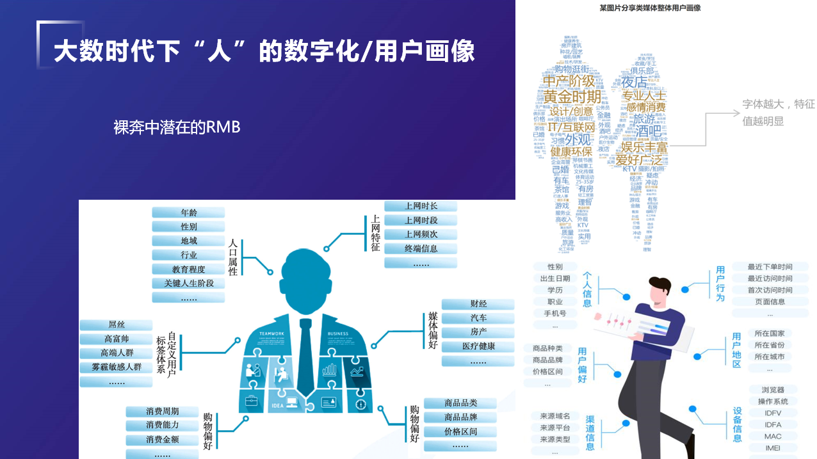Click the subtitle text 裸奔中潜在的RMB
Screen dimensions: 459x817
(177, 127)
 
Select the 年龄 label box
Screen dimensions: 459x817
(189, 213)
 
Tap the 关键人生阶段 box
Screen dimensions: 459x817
(189, 283)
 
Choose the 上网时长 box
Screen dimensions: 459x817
(421, 206)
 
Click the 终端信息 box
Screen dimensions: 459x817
(421, 248)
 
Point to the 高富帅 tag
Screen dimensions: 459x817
(117, 339)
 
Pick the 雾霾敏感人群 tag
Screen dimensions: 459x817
(117, 367)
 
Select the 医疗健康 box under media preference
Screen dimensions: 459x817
(478, 346)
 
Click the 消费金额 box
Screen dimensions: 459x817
(162, 440)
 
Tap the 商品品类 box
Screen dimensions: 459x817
(460, 403)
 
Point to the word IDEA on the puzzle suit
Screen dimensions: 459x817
(277, 405)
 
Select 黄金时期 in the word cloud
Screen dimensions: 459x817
(572, 97)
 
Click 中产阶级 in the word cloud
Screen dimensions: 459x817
(569, 81)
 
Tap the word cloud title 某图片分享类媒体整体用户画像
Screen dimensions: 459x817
(649, 8)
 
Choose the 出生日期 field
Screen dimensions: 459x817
(555, 278)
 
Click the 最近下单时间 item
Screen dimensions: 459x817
(770, 267)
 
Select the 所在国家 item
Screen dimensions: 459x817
(769, 334)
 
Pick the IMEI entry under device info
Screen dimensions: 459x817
(772, 448)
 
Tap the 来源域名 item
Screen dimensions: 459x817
(554, 416)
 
